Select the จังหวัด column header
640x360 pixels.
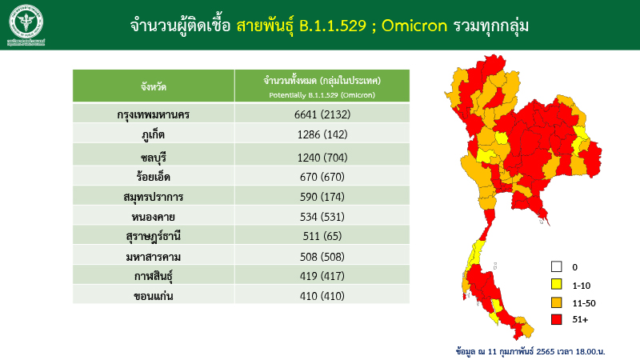153,85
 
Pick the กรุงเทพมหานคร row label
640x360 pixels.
153,114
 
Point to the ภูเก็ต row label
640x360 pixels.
153,134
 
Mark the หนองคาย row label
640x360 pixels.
153,216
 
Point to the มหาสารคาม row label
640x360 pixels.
153,256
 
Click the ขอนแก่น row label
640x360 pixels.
153,296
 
